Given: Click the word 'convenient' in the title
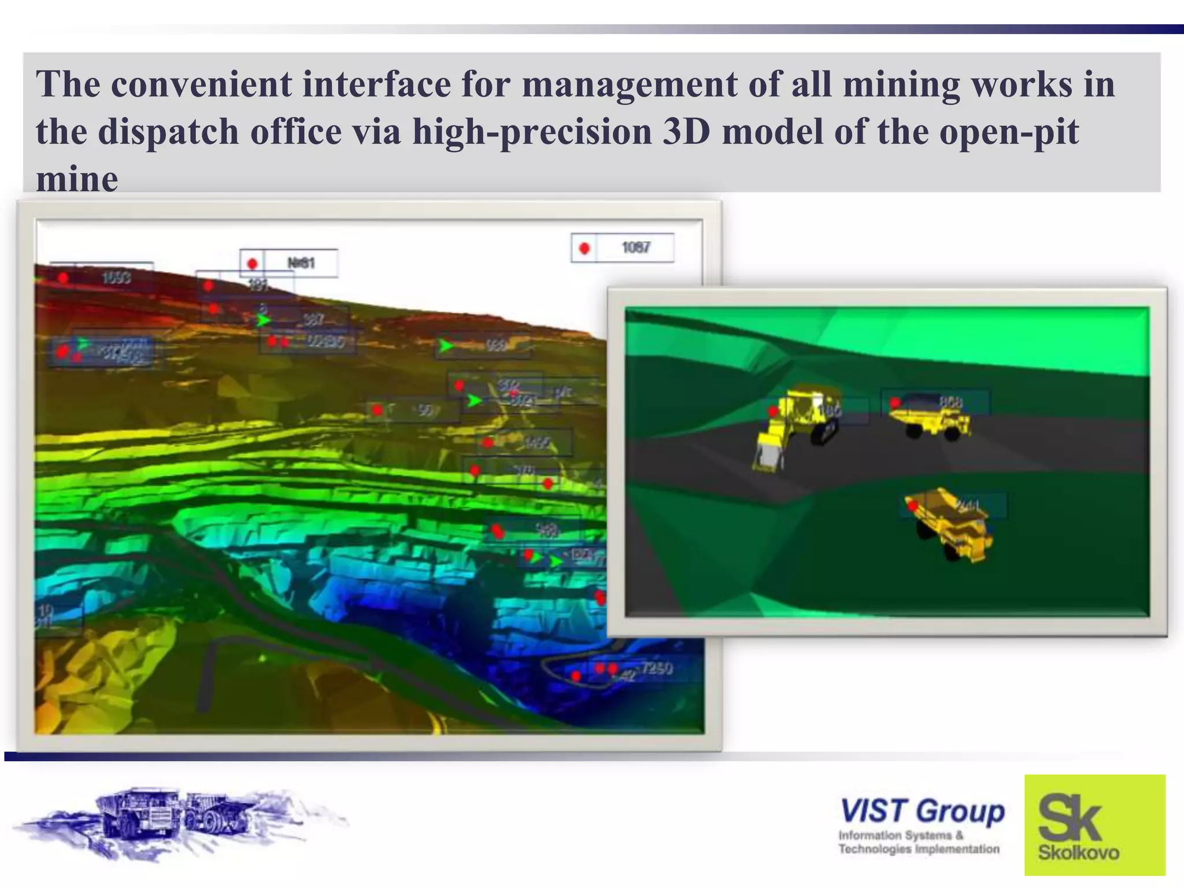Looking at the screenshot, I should click(x=202, y=84).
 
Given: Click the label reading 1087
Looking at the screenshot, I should click(x=636, y=248).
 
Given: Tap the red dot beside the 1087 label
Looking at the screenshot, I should click(x=584, y=249).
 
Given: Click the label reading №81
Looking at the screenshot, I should click(x=301, y=264).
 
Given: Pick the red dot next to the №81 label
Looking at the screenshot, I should click(x=252, y=264).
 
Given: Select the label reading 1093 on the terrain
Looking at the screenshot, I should click(x=116, y=279).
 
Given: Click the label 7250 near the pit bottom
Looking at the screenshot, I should click(x=657, y=669).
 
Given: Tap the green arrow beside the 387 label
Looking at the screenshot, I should click(x=264, y=320).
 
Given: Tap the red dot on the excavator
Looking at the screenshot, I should click(x=773, y=412).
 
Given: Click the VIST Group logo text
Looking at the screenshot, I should click(x=922, y=811).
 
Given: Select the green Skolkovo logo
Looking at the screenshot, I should click(x=1094, y=824).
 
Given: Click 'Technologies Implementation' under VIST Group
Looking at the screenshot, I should click(x=919, y=849).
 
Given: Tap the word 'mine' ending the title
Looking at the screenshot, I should click(x=77, y=179).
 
